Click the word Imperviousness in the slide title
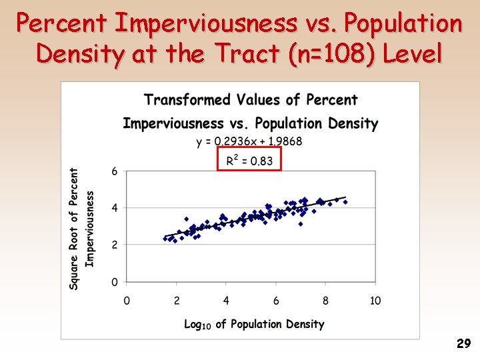tap(206, 24)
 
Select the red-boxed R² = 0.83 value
tap(249, 160)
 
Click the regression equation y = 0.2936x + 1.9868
tap(249, 141)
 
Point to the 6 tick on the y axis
tap(115, 171)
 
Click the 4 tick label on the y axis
tap(115, 208)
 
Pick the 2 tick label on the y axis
tap(115, 245)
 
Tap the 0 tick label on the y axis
tap(115, 282)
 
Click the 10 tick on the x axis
tap(375, 301)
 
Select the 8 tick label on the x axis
tap(325, 301)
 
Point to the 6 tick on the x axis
tap(276, 301)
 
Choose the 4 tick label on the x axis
tap(226, 301)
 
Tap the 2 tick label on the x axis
tap(177, 301)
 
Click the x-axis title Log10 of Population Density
tap(254, 324)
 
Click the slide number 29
tap(463, 344)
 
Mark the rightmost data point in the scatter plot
tap(345, 202)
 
